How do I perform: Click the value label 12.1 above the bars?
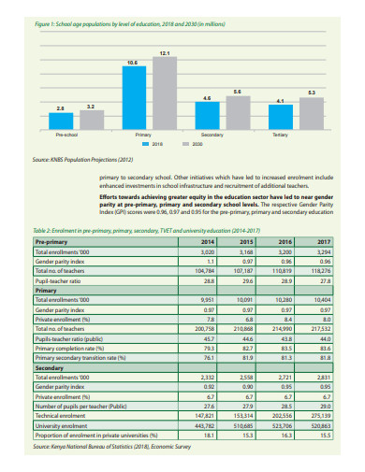tap(165, 54)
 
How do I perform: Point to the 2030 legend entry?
tap(193, 145)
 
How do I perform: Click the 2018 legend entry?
tap(153, 145)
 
